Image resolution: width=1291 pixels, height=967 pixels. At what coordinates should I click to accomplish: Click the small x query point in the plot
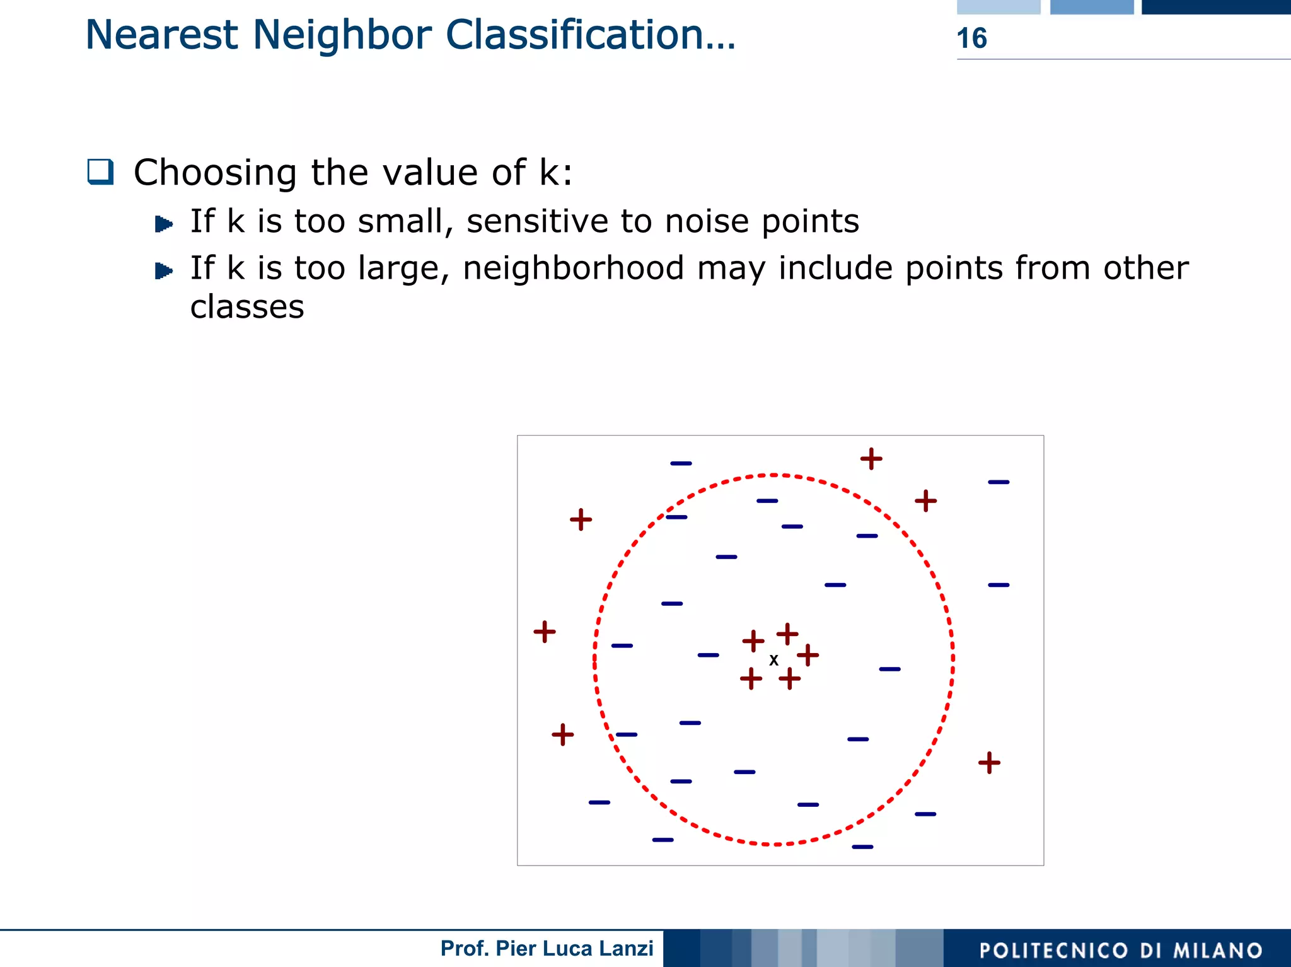point(773,660)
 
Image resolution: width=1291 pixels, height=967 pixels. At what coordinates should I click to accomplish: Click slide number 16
point(971,38)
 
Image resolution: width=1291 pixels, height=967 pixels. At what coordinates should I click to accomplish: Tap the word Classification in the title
point(582,35)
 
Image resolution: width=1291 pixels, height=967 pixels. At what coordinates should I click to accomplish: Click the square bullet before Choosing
point(100,171)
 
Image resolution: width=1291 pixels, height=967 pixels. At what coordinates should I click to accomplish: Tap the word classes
point(247,307)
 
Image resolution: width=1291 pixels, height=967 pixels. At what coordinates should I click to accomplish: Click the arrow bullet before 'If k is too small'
point(164,224)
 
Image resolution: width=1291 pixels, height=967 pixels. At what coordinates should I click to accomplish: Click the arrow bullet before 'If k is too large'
point(164,271)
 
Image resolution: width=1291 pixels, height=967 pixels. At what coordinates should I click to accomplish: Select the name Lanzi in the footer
point(627,948)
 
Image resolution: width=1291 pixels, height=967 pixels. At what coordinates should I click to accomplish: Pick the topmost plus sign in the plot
point(871,458)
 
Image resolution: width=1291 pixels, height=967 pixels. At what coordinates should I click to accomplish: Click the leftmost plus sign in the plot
point(545,631)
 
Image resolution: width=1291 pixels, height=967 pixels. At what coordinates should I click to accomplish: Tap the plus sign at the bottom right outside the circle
point(989,762)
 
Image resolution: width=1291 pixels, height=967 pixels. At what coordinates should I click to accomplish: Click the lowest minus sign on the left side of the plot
point(663,840)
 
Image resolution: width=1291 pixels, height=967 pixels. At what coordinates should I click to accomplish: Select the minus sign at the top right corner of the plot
point(999,482)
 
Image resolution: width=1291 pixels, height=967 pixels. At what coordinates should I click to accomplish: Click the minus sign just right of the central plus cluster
point(889,669)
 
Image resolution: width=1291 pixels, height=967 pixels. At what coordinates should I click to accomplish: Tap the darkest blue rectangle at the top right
point(1216,7)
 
